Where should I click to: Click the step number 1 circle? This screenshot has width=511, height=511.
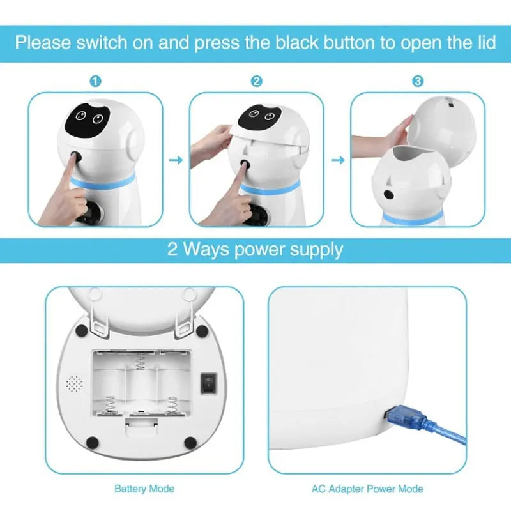pyautogui.click(x=95, y=81)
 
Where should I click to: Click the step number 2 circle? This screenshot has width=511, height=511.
pyautogui.click(x=256, y=81)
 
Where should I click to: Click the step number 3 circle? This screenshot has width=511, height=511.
pyautogui.click(x=417, y=81)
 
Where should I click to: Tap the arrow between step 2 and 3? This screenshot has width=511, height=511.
pyautogui.click(x=337, y=159)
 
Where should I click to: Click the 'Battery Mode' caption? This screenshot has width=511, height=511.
pyautogui.click(x=144, y=489)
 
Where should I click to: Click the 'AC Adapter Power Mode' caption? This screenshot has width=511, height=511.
pyautogui.click(x=367, y=489)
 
